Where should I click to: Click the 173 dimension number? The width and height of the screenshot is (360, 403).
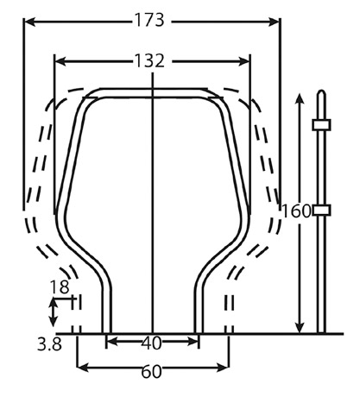point(149,21)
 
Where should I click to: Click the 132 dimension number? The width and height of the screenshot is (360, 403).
point(149,61)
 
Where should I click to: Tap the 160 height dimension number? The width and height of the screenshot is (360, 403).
point(296,211)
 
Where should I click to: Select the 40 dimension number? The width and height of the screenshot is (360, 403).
point(151,343)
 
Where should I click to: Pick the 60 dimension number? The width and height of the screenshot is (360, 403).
point(151,372)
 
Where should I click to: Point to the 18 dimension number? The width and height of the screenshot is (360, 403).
point(60,287)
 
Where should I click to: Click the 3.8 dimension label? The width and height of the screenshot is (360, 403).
point(49,344)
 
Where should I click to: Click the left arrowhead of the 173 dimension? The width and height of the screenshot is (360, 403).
point(29,22)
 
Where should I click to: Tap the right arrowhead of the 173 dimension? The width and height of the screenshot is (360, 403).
point(274,22)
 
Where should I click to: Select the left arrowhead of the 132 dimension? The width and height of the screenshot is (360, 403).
point(60,61)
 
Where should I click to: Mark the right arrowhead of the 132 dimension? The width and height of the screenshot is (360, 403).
point(244,61)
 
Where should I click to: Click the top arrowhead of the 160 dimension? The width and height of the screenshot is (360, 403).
point(300,99)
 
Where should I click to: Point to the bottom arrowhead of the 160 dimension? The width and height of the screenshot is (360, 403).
point(300,327)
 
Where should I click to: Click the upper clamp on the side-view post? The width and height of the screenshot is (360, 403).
point(321,125)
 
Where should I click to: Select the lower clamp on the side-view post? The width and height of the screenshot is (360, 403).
point(321,210)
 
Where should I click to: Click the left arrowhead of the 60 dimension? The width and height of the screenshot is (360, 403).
point(83,368)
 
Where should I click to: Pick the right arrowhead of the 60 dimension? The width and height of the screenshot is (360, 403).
point(223,368)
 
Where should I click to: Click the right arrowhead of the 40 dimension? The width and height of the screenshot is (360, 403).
point(193,342)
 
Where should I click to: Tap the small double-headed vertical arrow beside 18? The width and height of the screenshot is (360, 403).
point(53,312)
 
